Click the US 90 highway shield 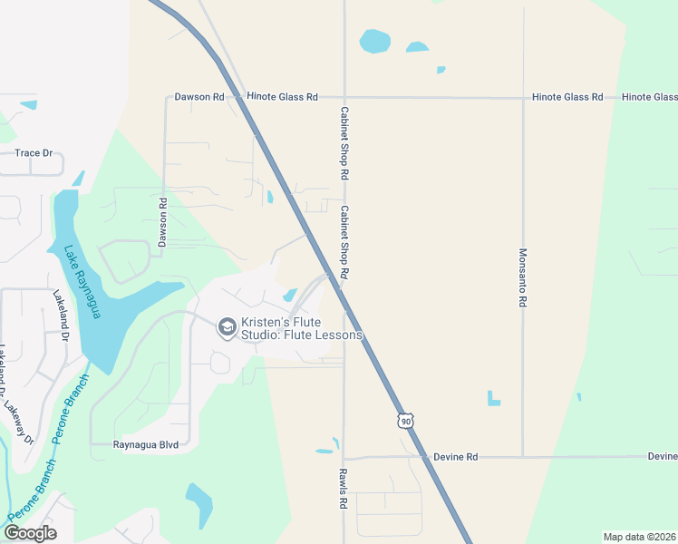405,421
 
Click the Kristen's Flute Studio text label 301,327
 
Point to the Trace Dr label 34,153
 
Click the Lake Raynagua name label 82,282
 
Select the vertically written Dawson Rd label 163,223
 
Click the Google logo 30,532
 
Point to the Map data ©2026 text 639,537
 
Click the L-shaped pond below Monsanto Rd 492,398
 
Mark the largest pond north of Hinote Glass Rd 374,42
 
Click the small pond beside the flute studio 290,295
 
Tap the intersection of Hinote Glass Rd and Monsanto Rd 523,98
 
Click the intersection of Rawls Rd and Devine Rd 344,458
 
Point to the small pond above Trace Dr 28,105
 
